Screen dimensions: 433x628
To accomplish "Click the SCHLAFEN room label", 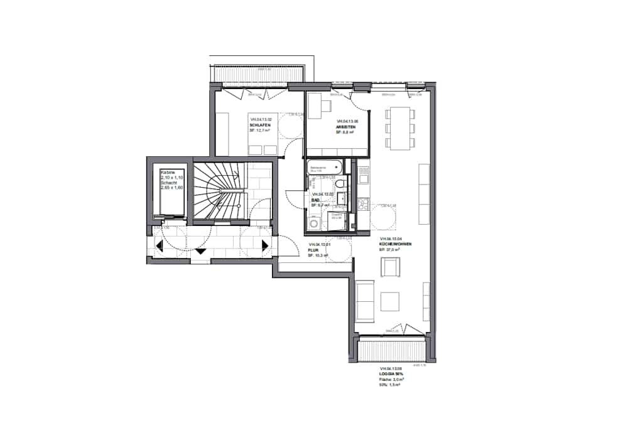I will [259, 125].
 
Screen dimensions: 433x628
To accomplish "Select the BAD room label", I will [316, 200].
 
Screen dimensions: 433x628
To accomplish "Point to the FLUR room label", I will [314, 250].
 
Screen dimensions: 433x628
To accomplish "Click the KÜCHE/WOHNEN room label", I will [396, 245].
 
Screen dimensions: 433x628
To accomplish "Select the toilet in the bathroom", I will [340, 183].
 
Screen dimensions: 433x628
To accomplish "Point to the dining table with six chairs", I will [399, 128].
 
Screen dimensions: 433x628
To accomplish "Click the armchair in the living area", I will [390, 268].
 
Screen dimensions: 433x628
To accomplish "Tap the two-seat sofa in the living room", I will [364, 300].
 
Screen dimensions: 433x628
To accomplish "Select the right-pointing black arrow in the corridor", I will [265, 245].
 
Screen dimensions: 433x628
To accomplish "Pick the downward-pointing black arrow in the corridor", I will [201, 250].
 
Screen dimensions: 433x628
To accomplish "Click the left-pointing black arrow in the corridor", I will [160, 246].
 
